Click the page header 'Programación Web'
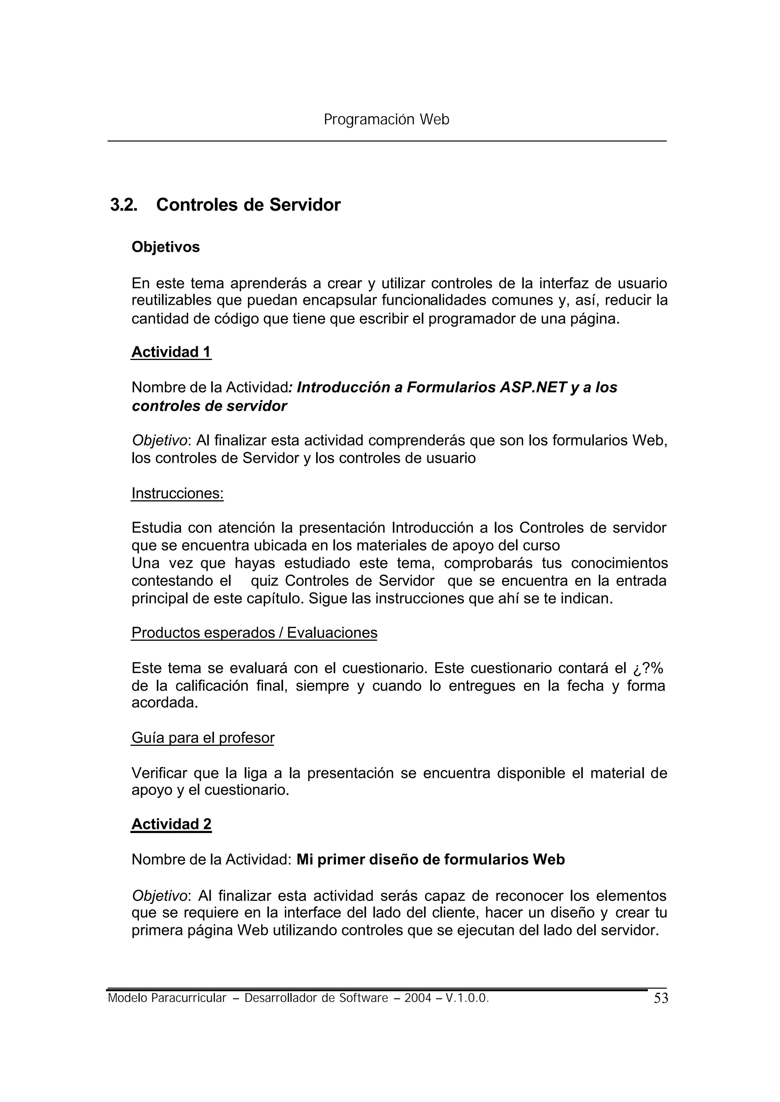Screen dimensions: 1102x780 tap(387, 120)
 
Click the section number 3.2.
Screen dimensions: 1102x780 tap(123, 205)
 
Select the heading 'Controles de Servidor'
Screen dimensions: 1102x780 tap(248, 205)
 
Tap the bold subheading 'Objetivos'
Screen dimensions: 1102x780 tap(166, 247)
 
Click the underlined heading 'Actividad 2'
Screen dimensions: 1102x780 tap(171, 824)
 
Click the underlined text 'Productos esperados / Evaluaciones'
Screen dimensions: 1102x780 tap(254, 633)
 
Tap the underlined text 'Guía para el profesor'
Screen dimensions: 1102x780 tap(203, 738)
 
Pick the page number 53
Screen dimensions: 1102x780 tap(661, 999)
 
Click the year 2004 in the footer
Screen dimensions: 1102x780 tap(417, 998)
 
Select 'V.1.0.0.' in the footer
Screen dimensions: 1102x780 tap(467, 998)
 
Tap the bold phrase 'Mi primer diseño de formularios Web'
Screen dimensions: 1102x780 tap(430, 859)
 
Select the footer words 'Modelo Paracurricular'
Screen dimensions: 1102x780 tap(167, 998)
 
